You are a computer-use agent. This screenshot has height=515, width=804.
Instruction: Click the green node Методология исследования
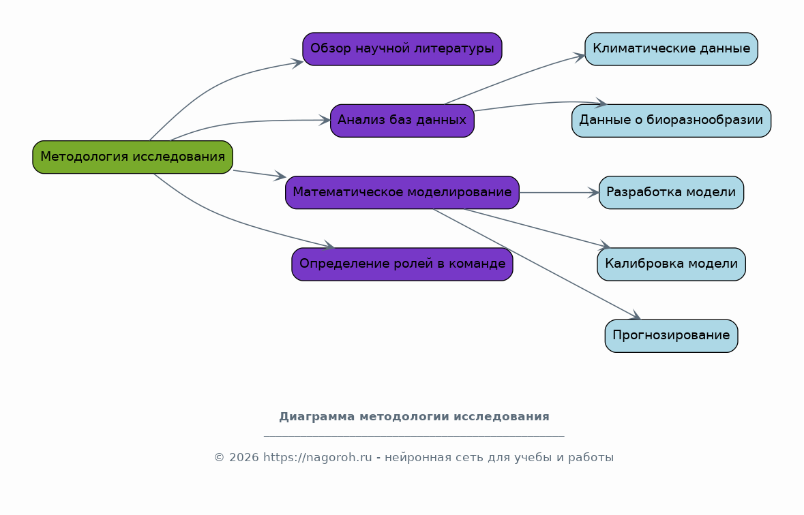tap(132, 157)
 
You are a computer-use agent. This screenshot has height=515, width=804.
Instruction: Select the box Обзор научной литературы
tap(402, 49)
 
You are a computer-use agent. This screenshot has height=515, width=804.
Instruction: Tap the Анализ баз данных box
tap(402, 121)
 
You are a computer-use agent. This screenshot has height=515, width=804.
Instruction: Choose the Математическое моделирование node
tap(402, 193)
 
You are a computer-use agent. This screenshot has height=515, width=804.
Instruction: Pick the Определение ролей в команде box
tap(402, 264)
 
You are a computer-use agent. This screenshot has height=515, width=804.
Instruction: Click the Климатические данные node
tap(671, 49)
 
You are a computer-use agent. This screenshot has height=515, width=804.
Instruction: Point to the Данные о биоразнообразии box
tap(671, 121)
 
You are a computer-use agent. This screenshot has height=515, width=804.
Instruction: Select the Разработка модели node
tap(671, 193)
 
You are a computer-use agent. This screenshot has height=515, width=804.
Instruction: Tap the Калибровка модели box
tap(671, 264)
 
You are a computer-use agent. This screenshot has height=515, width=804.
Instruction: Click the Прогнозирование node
tap(671, 336)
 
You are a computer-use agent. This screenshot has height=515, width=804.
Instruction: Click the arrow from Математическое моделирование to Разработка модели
tap(559, 193)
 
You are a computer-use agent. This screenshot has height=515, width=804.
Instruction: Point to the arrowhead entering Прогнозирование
tap(636, 315)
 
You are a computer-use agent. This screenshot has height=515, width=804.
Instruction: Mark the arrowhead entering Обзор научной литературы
tap(297, 63)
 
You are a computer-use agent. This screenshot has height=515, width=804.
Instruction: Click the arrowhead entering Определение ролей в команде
tap(329, 246)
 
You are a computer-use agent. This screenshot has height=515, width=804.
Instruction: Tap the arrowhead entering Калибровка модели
tap(604, 246)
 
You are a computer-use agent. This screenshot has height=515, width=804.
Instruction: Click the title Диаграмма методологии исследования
tap(415, 417)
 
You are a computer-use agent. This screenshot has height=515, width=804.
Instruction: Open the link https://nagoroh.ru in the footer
tap(317, 458)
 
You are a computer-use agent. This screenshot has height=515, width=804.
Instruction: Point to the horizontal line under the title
tap(415, 436)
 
